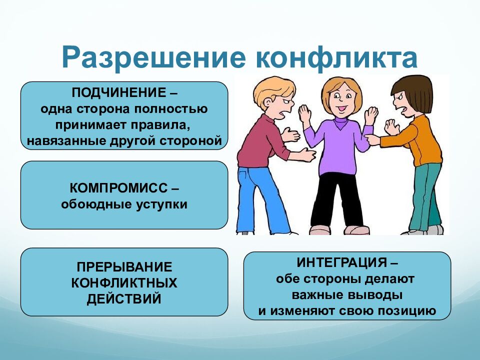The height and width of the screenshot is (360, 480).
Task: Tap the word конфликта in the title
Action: tap(336, 58)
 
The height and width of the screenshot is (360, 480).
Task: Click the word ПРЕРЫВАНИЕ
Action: tap(124, 267)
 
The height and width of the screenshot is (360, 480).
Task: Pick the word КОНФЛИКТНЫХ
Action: tap(124, 283)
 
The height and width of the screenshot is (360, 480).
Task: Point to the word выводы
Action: tap(380, 294)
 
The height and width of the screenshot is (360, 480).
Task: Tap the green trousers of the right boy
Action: tap(425, 195)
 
